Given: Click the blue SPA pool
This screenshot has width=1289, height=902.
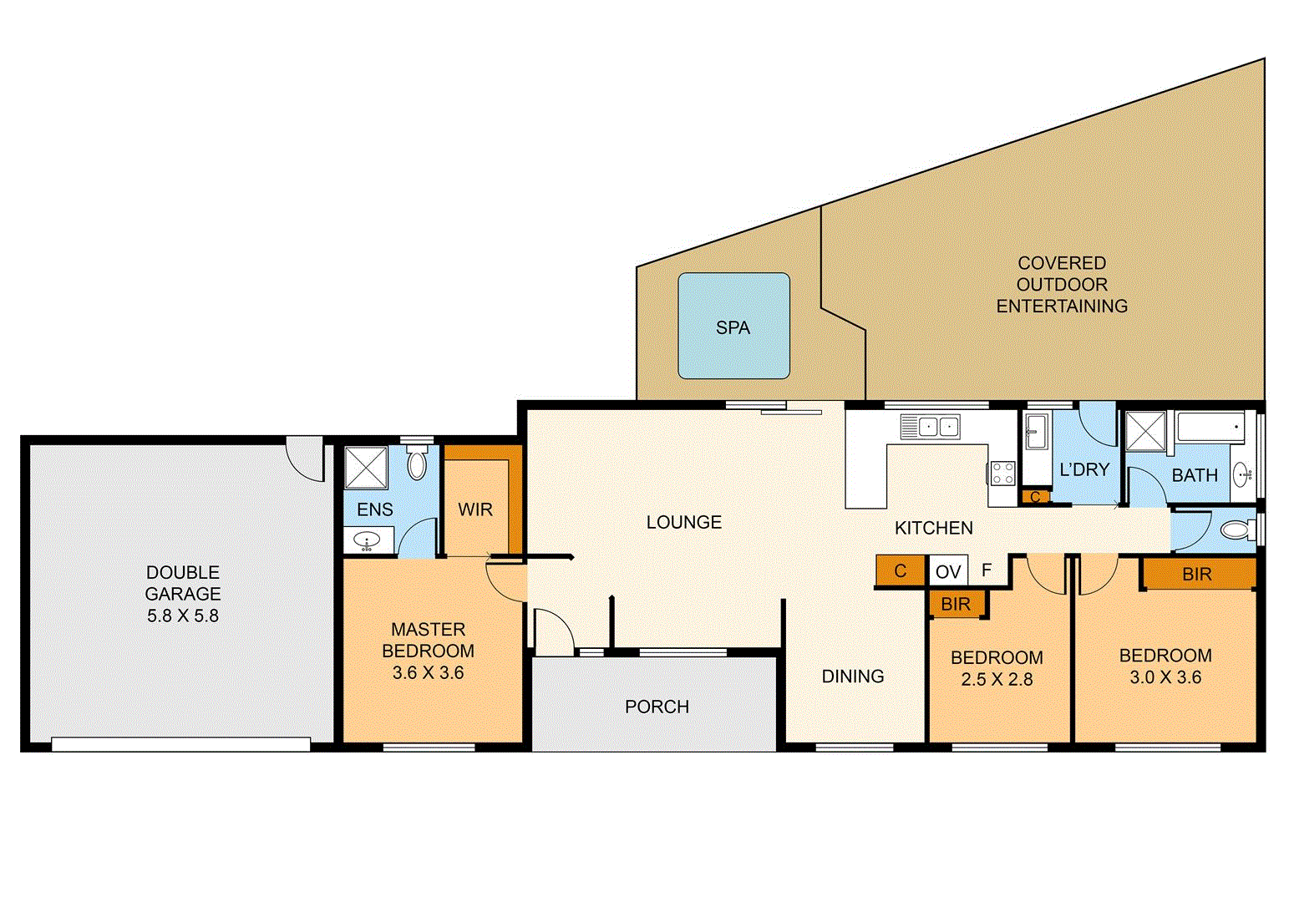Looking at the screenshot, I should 733,326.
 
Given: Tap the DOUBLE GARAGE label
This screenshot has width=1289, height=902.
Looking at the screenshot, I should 183,583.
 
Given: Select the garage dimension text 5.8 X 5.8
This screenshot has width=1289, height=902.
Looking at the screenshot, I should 183,616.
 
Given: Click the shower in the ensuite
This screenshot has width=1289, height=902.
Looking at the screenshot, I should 366,468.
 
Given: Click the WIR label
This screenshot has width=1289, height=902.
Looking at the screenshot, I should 475,509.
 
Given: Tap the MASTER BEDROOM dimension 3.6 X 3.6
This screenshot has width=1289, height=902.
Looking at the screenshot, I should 428,672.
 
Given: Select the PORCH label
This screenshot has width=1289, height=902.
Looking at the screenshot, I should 657,707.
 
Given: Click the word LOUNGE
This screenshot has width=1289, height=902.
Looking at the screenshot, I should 683,522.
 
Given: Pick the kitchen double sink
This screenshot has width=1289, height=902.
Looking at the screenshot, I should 930,427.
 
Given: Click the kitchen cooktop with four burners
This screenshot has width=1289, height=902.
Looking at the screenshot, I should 1002,474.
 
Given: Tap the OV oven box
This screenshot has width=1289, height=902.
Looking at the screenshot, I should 948,571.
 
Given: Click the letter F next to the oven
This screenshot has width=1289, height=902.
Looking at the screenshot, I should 987,570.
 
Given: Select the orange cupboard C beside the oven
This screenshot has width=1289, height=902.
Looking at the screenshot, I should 900,571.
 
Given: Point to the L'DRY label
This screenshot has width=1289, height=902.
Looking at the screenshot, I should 1083,469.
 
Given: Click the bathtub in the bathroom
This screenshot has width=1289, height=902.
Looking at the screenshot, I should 1210,428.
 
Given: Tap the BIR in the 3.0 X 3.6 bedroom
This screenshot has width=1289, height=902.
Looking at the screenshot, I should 1196,574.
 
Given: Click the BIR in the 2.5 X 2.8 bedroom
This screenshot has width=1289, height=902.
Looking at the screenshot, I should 956,604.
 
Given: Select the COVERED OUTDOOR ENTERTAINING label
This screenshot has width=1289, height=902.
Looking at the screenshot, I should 1062,285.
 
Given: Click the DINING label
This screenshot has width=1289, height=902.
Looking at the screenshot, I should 852,676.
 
